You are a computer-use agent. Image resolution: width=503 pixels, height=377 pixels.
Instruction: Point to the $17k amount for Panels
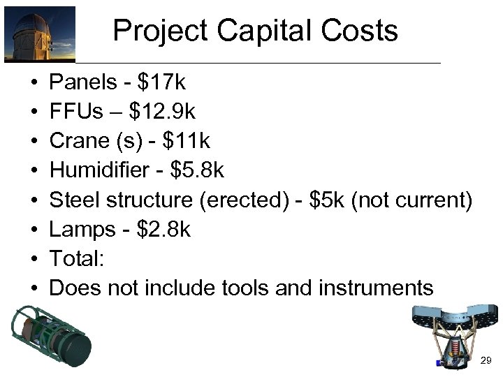click(x=162, y=83)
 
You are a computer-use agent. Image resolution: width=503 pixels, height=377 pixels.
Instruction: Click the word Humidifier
click(x=99, y=171)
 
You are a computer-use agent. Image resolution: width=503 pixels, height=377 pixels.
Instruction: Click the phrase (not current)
click(x=412, y=200)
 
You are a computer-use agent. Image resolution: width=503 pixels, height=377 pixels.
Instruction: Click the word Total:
click(x=77, y=259)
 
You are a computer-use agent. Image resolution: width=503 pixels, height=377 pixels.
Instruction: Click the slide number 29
click(x=486, y=360)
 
